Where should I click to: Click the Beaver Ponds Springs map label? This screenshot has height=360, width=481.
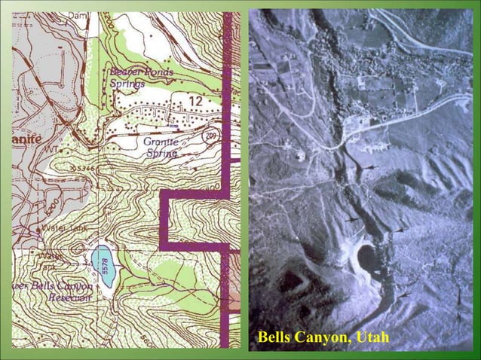tap(141, 78)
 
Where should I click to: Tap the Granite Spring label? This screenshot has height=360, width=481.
tap(160, 147)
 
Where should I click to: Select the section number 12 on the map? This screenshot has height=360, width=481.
tap(195, 101)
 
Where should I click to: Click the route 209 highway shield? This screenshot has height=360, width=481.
tap(212, 135)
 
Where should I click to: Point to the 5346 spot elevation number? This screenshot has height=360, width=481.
tap(84, 168)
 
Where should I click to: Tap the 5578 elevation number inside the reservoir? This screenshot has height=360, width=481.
tap(106, 266)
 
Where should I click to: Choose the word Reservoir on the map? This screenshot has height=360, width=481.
tap(69, 297)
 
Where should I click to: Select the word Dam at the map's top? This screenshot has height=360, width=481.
tap(78, 15)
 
